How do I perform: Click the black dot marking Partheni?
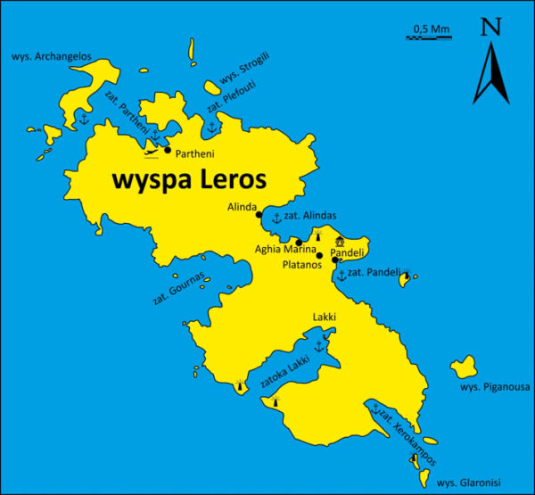tap(168, 150)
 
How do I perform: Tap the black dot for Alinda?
tap(259, 214)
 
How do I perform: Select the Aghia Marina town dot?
tap(299, 242)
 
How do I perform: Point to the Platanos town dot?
tap(319, 255)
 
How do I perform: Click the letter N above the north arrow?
tap(490, 27)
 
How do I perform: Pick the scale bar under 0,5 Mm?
tap(429, 37)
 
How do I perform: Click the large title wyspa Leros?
tap(188, 179)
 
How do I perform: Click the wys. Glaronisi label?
tap(469, 483)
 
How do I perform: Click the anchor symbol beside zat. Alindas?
tap(276, 217)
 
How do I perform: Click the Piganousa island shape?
tap(464, 366)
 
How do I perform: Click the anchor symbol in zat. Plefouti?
tap(211, 128)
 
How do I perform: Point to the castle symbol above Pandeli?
tap(340, 241)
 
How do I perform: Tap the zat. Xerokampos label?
tap(407, 438)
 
